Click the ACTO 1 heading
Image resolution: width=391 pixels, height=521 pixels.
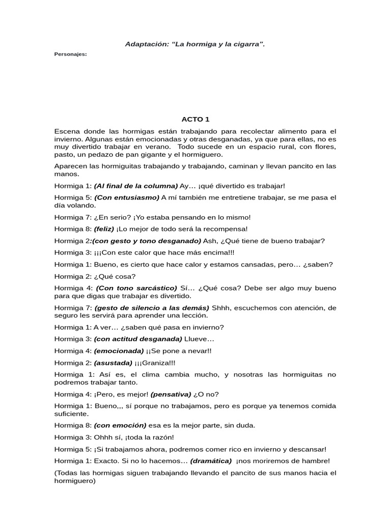tap(195, 120)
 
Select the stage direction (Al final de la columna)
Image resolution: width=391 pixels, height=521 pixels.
tap(136, 186)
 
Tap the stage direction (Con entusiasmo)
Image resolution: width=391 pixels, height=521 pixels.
tap(127, 197)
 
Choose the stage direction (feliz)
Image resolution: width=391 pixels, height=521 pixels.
tap(104, 229)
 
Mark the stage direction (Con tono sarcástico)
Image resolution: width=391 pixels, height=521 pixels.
tap(136, 288)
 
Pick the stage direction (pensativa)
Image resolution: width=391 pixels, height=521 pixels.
tap(170, 394)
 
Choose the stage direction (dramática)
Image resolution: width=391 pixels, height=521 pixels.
tap(211, 461)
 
